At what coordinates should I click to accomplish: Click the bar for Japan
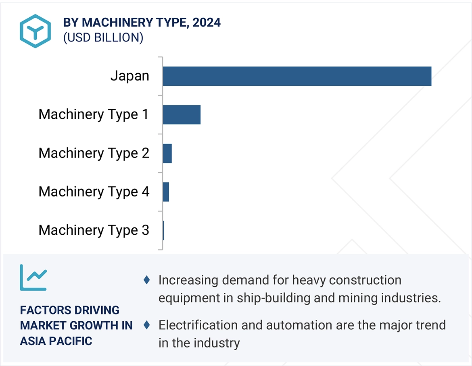coord(297,76)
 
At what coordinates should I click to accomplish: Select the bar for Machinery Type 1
coord(182,114)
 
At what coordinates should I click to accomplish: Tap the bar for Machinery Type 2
coord(167,153)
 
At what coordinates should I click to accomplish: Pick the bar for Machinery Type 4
coord(166,192)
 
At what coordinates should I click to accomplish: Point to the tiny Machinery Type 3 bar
coord(163,230)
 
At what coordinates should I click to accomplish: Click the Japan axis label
coord(129,76)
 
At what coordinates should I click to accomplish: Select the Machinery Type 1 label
coord(94,114)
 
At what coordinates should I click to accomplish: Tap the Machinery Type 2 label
coord(94,153)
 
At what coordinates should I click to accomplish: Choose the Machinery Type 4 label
coord(94,192)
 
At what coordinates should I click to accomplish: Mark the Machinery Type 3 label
coord(94,230)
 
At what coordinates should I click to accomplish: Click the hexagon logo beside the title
coord(36,31)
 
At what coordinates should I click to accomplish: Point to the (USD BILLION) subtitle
coord(103,37)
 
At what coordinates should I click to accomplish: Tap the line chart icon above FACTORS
coord(33,277)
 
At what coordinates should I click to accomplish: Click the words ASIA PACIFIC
coord(56,341)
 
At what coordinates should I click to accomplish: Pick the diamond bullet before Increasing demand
coord(147,280)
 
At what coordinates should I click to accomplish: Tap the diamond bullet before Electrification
coord(147,325)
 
